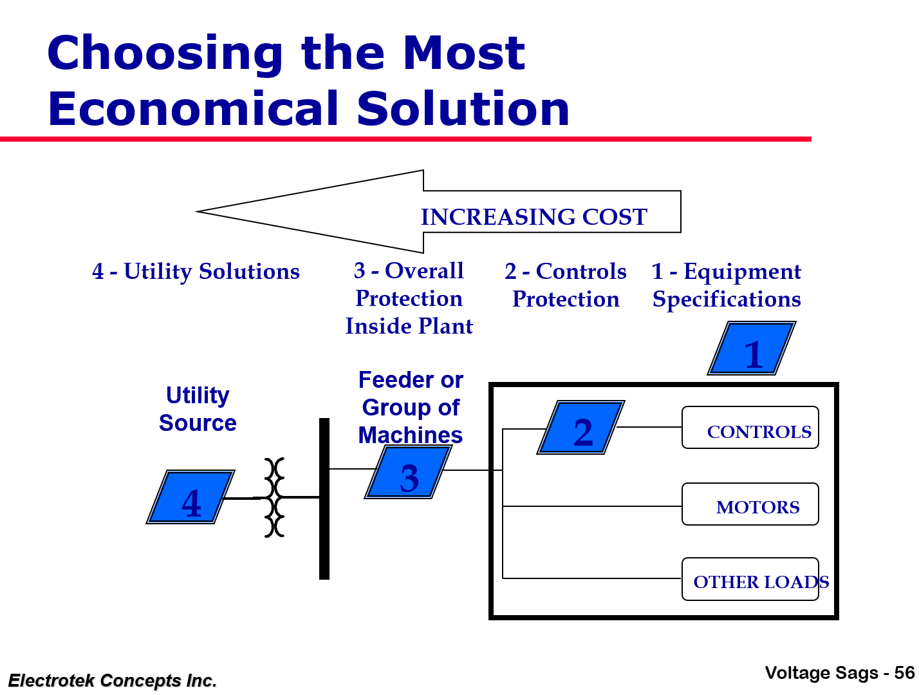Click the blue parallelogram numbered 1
click(752, 348)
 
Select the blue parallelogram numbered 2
click(581, 428)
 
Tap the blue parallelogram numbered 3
click(409, 473)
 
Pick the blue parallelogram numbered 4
click(190, 497)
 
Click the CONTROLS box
click(750, 428)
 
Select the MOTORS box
click(750, 504)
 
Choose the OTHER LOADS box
click(750, 579)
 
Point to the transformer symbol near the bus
click(275, 497)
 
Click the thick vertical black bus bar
click(324, 499)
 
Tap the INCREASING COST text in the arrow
click(534, 217)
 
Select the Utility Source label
click(198, 409)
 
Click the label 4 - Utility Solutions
click(196, 271)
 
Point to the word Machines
click(411, 435)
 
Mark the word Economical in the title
click(196, 108)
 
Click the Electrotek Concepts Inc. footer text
click(112, 680)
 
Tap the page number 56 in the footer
click(904, 673)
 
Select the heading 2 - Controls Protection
click(566, 285)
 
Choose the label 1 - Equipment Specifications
click(727, 285)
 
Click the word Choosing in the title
click(165, 53)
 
